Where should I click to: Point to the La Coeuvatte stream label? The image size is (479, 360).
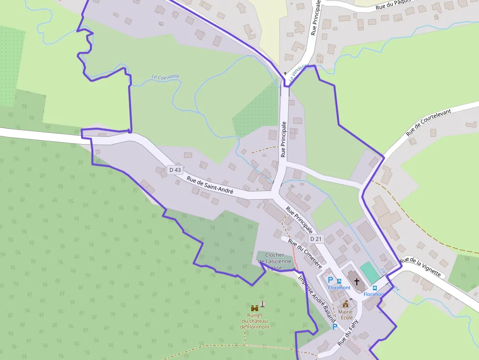[165, 77]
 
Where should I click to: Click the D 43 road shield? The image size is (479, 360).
[174, 170]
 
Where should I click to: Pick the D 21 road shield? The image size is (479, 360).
[316, 239]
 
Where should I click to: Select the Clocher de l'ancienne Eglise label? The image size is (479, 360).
[275, 261]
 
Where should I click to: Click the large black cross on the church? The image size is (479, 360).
[357, 282]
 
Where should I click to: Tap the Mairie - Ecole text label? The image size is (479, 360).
[346, 315]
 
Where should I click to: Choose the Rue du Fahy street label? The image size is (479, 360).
[348, 332]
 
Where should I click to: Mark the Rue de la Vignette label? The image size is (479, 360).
[420, 267]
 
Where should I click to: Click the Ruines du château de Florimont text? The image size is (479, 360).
[255, 321]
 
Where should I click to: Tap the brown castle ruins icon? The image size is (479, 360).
[255, 308]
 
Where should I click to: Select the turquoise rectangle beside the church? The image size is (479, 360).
[370, 272]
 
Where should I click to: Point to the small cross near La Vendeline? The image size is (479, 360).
[285, 73]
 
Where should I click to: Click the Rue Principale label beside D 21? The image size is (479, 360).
[300, 219]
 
